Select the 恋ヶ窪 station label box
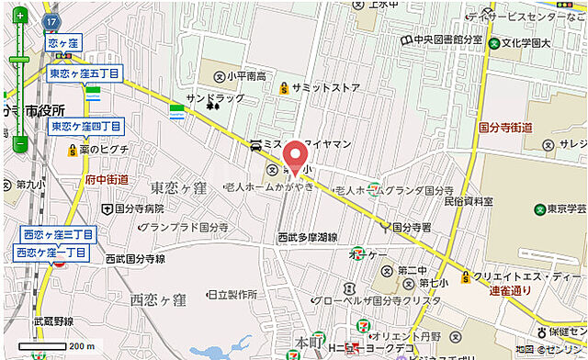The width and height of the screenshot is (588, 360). [x=64, y=43]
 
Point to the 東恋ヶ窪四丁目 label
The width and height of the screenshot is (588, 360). [x=85, y=126]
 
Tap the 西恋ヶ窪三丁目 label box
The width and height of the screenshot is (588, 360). [x=54, y=235]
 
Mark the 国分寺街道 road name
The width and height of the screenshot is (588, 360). [x=506, y=128]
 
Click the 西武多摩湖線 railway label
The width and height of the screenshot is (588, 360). [x=307, y=237]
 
